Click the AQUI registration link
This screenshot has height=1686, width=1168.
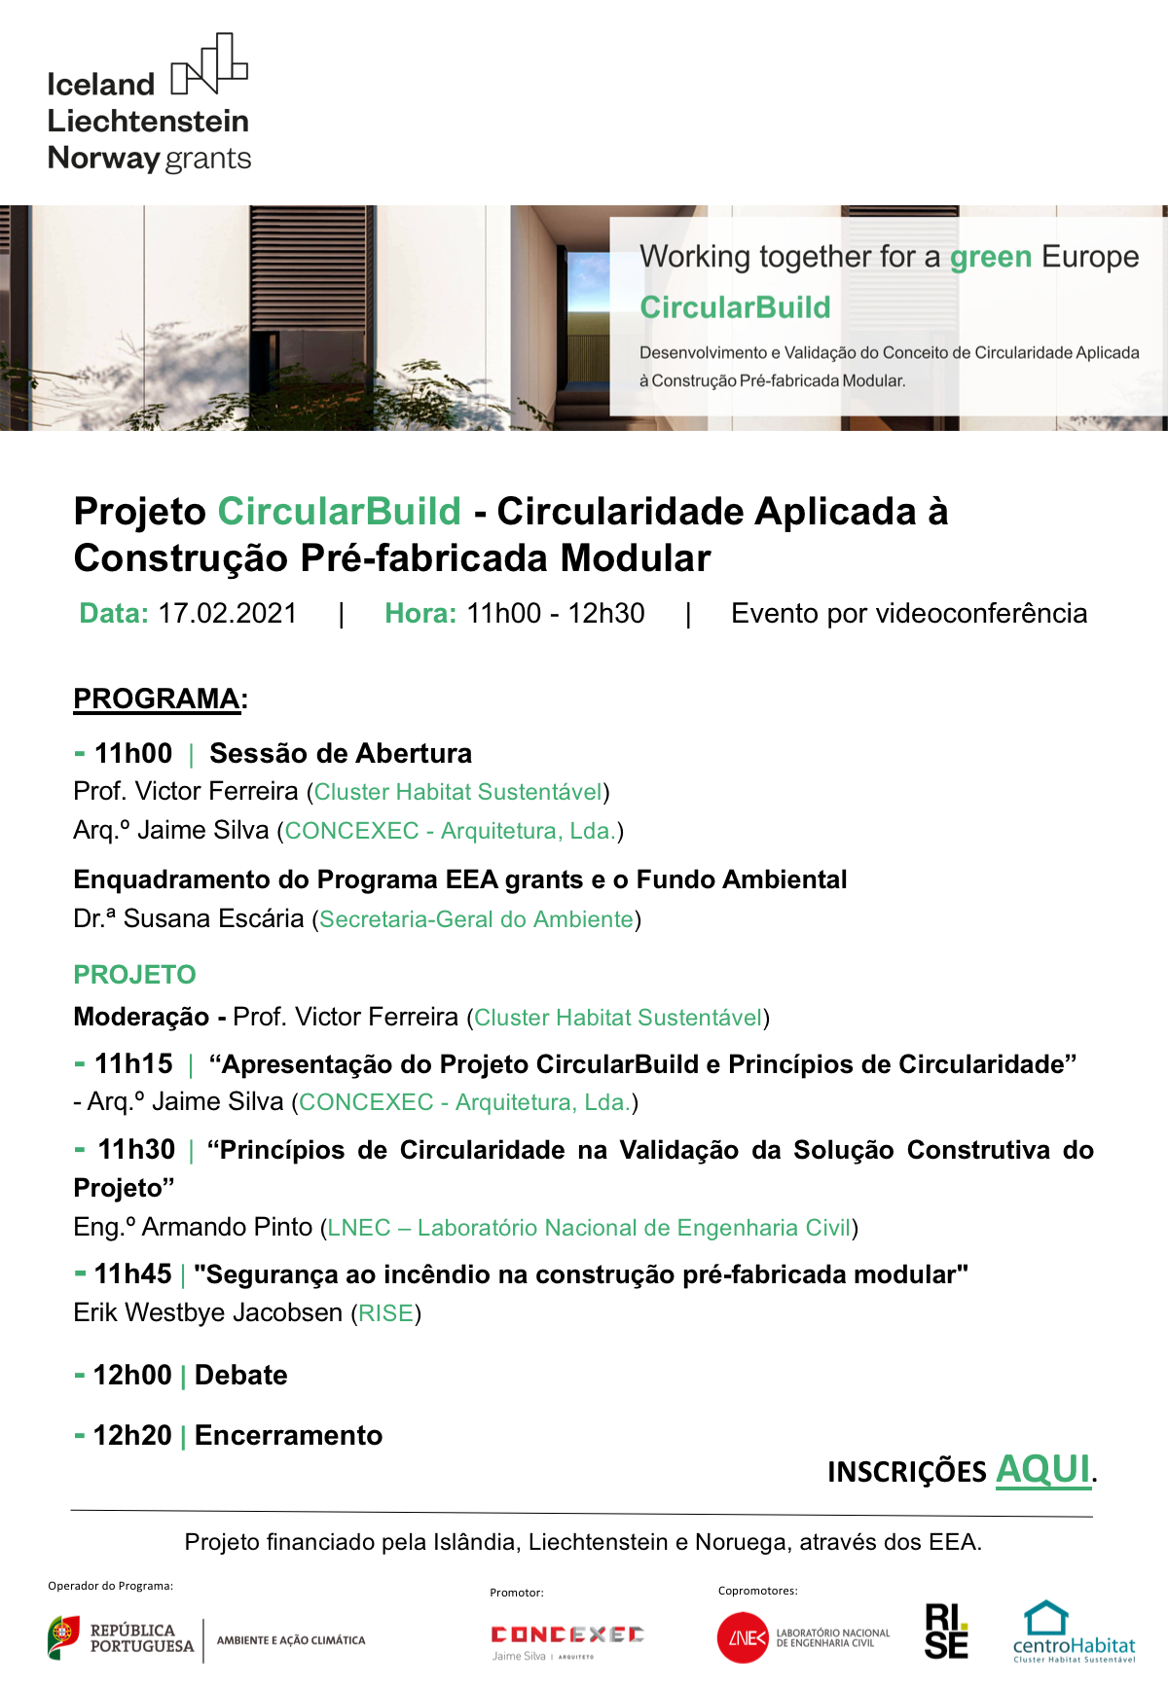click(1042, 1469)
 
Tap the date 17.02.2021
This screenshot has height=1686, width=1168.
click(228, 614)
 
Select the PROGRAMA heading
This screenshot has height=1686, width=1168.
click(157, 699)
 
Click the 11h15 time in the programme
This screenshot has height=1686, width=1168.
click(133, 1064)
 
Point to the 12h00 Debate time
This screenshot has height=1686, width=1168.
click(132, 1376)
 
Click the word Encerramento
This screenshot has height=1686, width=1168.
click(288, 1436)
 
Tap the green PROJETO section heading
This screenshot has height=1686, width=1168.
click(135, 975)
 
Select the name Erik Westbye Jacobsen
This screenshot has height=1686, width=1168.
click(208, 1313)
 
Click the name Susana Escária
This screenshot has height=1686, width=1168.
click(213, 919)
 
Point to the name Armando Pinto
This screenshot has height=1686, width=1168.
click(227, 1228)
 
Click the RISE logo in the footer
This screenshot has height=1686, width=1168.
click(946, 1632)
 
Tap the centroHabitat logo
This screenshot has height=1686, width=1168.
click(1074, 1632)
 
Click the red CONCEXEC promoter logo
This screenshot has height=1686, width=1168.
click(567, 1634)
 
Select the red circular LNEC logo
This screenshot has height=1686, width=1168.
click(743, 1638)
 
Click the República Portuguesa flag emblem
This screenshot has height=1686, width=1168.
click(63, 1637)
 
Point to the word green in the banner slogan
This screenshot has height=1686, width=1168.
click(990, 257)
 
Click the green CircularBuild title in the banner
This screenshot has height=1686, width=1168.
click(735, 307)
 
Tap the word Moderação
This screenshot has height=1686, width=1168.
click(141, 1018)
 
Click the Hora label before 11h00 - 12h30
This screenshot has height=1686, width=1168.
click(420, 614)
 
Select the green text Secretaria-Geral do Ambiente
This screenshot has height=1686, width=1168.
click(476, 920)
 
